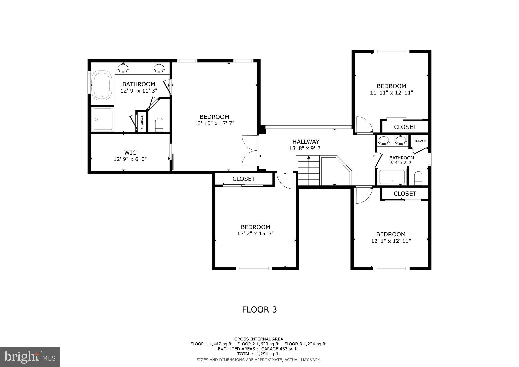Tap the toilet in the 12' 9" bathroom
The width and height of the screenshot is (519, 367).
(x=159, y=124)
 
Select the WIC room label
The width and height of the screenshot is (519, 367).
(x=130, y=153)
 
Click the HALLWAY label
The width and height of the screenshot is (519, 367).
(x=306, y=142)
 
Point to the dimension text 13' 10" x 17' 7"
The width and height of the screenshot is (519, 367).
(x=214, y=123)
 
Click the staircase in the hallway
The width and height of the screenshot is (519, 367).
(x=308, y=170)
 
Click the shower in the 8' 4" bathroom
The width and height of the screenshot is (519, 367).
(x=392, y=177)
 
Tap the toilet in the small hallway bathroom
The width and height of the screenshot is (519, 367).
(x=418, y=178)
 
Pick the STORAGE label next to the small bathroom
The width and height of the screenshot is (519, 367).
(x=419, y=141)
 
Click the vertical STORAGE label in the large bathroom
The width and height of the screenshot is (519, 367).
(x=142, y=122)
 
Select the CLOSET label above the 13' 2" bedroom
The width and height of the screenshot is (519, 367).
(x=244, y=179)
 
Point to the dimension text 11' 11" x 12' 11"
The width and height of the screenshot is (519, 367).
(x=392, y=93)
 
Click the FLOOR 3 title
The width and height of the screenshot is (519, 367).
(x=259, y=310)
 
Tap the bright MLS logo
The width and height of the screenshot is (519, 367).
(x=30, y=357)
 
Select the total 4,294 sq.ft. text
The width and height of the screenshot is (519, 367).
(x=258, y=354)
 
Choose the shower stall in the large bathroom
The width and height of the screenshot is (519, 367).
(x=102, y=119)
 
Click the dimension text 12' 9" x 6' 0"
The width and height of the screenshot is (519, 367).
(x=130, y=159)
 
